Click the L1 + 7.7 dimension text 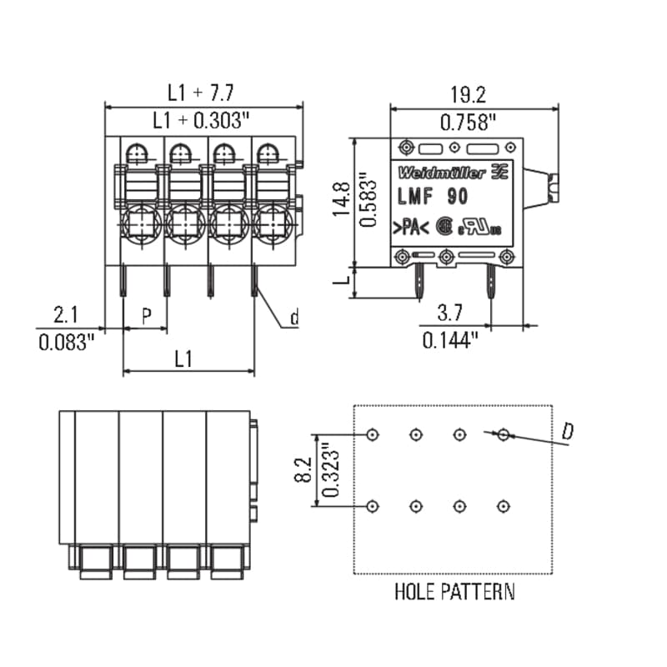tap(201, 93)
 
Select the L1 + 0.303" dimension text tap(201, 120)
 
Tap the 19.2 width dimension tap(468, 94)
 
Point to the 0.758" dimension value tap(468, 123)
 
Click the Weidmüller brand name tap(442, 173)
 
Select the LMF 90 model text tap(433, 197)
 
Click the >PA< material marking tap(411, 228)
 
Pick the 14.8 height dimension tap(341, 199)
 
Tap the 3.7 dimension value tap(449, 313)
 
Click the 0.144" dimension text tap(450, 340)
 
